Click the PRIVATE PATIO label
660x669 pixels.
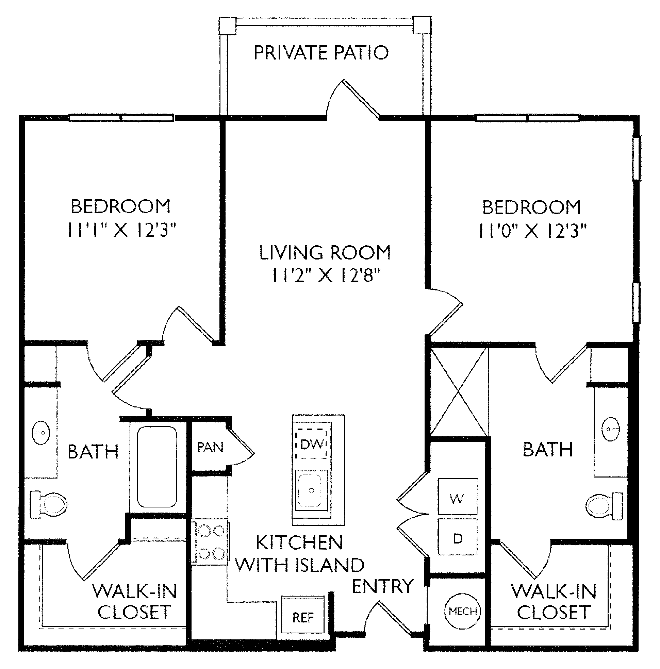click(x=321, y=53)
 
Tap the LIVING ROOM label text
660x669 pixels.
click(x=325, y=252)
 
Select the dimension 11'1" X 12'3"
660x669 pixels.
click(x=121, y=230)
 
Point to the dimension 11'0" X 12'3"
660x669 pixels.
click(x=532, y=231)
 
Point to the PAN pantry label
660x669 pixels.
click(x=210, y=447)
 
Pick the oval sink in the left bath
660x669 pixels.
click(x=40, y=433)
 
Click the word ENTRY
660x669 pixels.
click(x=383, y=586)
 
